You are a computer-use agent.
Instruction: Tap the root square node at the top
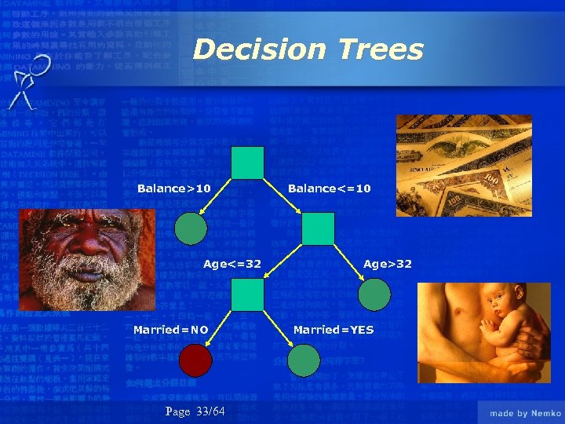tap(247, 163)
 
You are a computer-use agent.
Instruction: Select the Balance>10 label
tap(173, 188)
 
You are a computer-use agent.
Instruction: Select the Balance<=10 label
tap(330, 188)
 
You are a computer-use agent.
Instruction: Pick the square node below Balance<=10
tap(318, 228)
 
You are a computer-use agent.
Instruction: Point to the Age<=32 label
tap(232, 264)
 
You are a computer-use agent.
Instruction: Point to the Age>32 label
tap(387, 264)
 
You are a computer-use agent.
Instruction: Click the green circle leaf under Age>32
tap(374, 294)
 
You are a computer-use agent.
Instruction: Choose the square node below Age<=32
tap(247, 295)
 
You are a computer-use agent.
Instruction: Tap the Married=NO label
tap(170, 330)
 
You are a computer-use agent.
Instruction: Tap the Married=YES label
tap(334, 330)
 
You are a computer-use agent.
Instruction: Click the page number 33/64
tap(195, 412)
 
